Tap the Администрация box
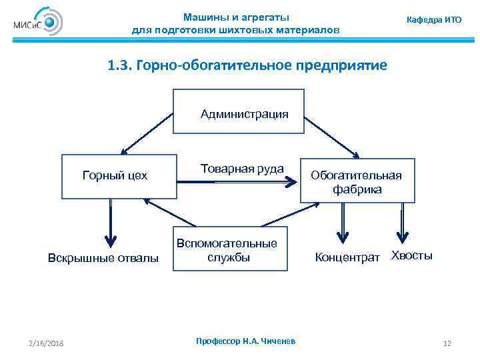pos(238,113)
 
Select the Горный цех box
pos(119,176)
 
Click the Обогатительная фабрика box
pos(357,181)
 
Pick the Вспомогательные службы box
pos(230,248)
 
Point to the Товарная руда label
pos(242,169)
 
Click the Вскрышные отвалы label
pos(104,258)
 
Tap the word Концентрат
pos(347,257)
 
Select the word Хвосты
pos(411,255)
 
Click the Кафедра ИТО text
pos(434,20)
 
